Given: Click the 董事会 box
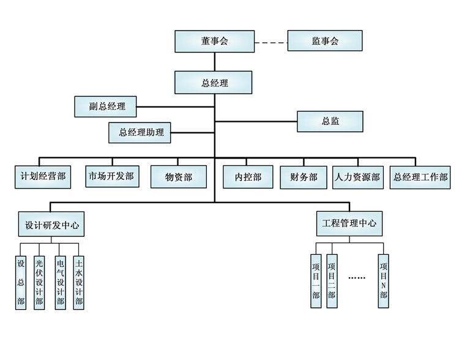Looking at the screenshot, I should (214, 41).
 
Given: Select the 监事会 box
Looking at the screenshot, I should (325, 41).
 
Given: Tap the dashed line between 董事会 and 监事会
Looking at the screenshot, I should (271, 42).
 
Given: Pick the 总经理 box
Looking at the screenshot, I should (214, 83).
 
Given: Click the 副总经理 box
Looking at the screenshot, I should (105, 106).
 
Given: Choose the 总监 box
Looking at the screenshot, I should (330, 121).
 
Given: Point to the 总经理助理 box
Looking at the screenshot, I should (141, 132).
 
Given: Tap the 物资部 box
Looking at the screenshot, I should (178, 177).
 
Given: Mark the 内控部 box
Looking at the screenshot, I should (248, 177).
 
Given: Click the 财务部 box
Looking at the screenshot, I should (304, 177).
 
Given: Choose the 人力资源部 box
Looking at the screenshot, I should (358, 177).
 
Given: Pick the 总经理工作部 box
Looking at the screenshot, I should (420, 177).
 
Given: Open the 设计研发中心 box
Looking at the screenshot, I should (51, 225).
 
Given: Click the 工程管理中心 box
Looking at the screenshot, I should (349, 222).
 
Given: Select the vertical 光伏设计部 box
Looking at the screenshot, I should (39, 282).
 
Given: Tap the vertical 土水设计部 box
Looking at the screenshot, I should (78, 282).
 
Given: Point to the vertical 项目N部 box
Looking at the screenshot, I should (383, 280).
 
